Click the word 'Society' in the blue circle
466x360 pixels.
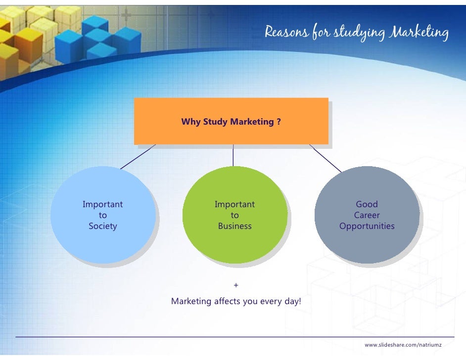coord(103,226)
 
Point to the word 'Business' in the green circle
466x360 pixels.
coord(235,226)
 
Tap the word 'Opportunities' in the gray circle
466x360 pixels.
coord(367,226)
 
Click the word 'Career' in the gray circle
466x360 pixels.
coord(367,216)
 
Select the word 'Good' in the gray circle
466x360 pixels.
coord(367,204)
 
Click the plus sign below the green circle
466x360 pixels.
coord(235,285)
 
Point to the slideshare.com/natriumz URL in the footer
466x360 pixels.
coord(403,344)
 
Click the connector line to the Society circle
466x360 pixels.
coord(138,157)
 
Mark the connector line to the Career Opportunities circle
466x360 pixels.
coord(325,158)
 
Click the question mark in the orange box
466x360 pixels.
coord(279,122)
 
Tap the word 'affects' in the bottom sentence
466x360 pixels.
coord(227,301)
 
